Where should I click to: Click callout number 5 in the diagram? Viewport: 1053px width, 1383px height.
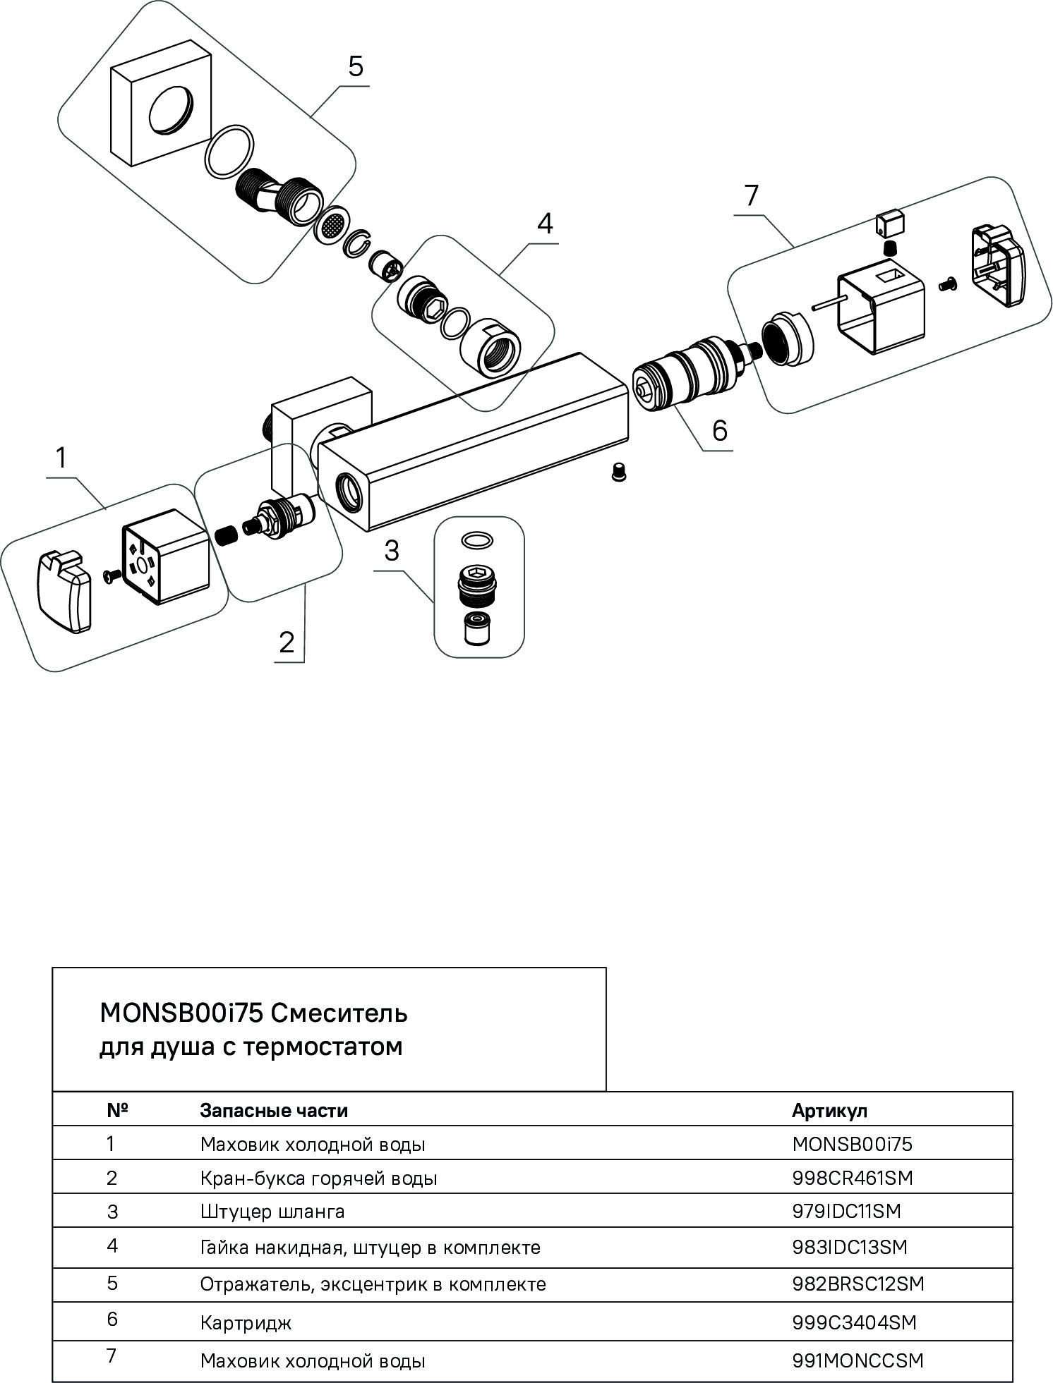[x=356, y=66]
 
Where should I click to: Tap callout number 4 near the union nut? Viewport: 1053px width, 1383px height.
[x=544, y=224]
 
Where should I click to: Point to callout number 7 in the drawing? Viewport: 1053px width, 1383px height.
[x=751, y=195]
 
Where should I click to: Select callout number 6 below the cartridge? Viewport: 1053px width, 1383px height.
[x=719, y=430]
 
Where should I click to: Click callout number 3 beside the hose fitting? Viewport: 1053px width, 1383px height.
[x=392, y=551]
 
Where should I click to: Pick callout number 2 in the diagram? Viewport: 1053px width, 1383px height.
[x=286, y=642]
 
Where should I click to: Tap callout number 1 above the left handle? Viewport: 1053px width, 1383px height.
[x=61, y=458]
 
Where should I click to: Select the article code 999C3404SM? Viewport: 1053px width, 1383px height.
[x=854, y=1322]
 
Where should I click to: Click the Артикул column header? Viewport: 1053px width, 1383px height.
[x=829, y=1111]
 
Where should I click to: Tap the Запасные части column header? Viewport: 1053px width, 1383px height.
[x=274, y=1111]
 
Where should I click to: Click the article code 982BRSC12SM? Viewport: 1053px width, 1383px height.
[x=858, y=1284]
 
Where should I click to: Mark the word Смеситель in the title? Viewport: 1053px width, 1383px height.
[x=339, y=1013]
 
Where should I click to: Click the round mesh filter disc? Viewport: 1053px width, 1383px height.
[x=332, y=227]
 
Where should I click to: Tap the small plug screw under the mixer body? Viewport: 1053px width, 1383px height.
[x=619, y=472]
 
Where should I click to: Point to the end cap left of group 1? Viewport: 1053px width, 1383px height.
[x=64, y=592]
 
